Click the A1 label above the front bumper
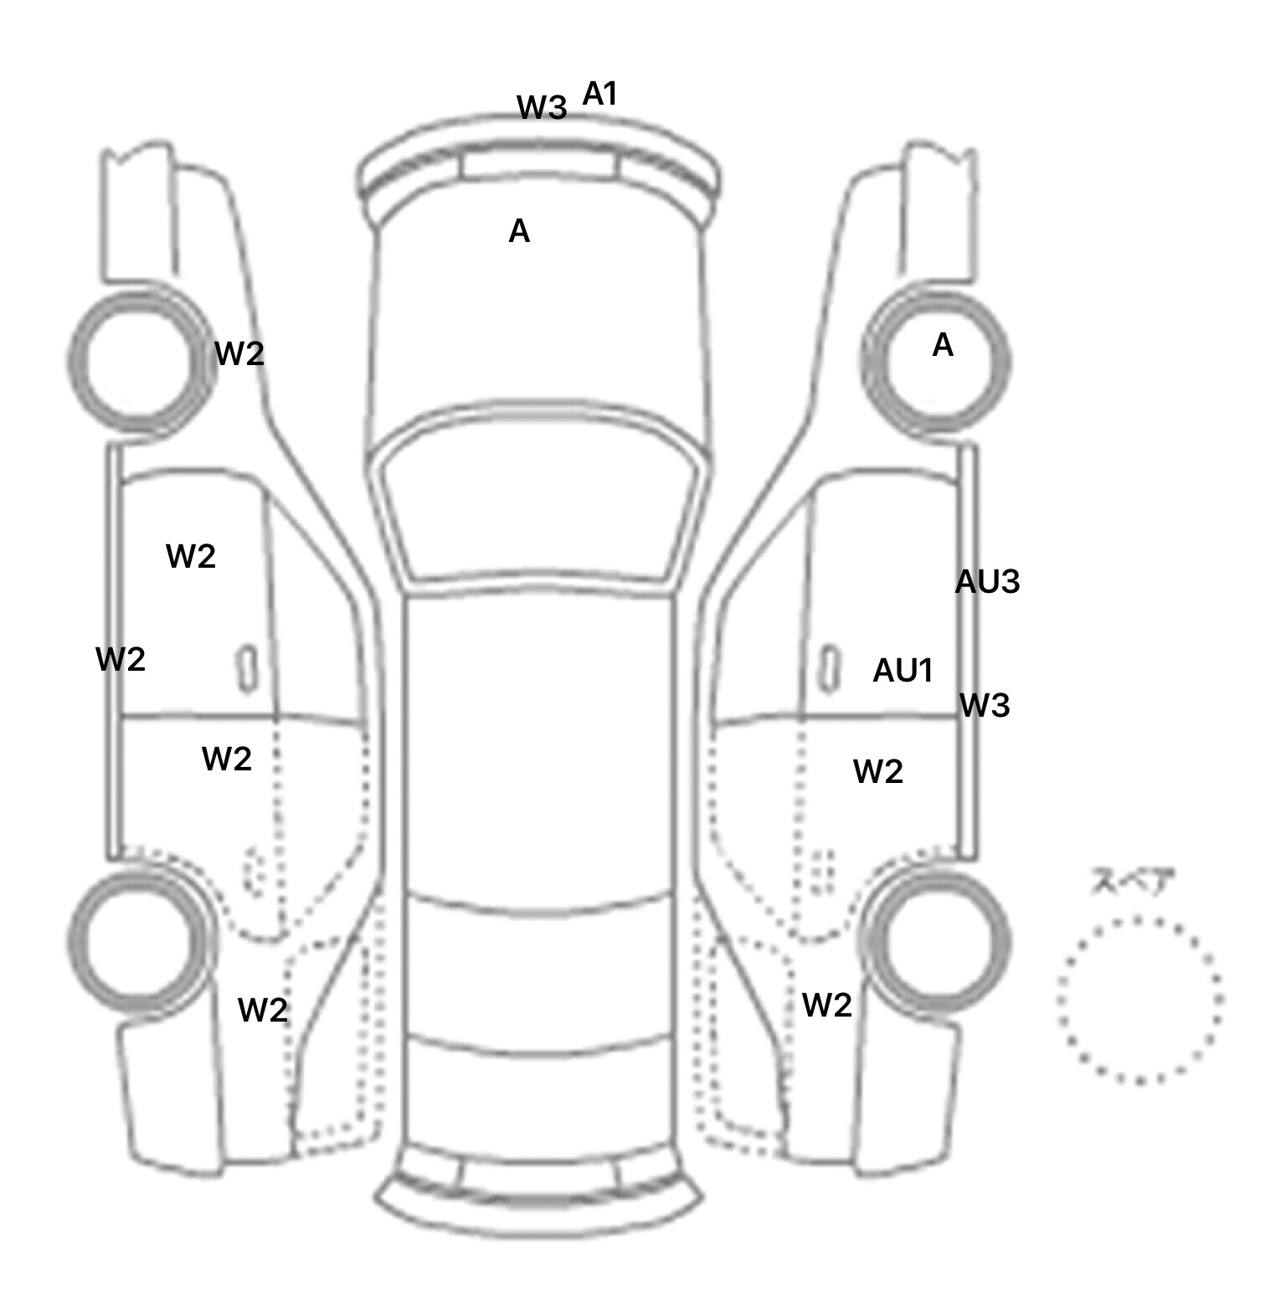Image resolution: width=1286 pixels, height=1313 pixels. (599, 94)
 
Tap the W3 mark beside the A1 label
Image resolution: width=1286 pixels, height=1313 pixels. (542, 107)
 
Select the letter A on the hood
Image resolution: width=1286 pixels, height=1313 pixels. (519, 231)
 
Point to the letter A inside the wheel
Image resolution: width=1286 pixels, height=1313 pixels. (943, 345)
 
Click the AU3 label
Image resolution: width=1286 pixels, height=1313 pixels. (987, 581)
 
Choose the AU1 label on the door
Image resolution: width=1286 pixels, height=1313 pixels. (903, 670)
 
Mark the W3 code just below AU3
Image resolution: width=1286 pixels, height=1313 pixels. (985, 706)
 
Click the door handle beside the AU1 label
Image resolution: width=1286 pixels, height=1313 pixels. (830, 669)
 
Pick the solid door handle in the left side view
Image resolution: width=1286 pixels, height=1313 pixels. (247, 669)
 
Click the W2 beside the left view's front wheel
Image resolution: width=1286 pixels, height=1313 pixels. (239, 353)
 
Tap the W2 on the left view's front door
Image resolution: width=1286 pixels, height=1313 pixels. (191, 556)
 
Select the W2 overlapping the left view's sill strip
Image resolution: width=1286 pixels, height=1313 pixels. (121, 660)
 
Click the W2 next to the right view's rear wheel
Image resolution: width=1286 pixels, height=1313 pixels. (827, 1005)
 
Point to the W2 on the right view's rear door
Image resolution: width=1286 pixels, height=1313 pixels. (878, 771)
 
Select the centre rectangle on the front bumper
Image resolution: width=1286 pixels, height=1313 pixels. (538, 167)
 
